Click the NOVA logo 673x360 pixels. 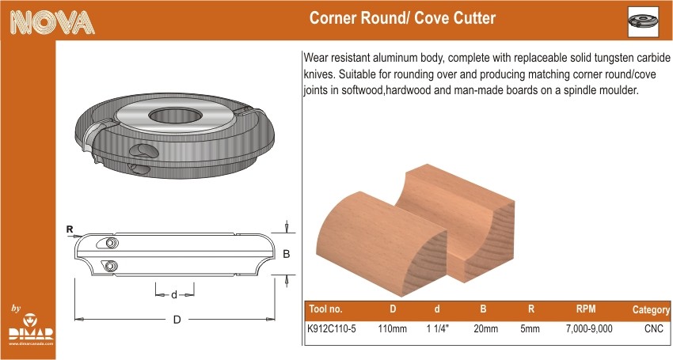(x=52, y=22)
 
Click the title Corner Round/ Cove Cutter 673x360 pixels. (x=402, y=18)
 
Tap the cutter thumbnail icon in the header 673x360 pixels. (x=643, y=21)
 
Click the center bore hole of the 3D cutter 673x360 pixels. (x=176, y=116)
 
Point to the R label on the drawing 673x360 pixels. (x=70, y=229)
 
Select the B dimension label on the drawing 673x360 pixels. (x=287, y=254)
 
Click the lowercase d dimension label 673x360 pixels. (x=174, y=295)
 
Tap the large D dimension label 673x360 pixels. (x=177, y=320)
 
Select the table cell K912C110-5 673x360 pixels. (x=332, y=328)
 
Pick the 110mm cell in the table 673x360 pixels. (x=392, y=328)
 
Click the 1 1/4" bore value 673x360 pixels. (x=438, y=328)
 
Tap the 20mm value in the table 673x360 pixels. (x=486, y=328)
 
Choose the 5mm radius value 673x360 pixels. (x=530, y=328)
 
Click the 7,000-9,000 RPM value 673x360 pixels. (x=589, y=329)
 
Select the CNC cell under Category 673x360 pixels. (x=654, y=328)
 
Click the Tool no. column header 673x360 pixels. (x=325, y=309)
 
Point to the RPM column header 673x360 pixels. (x=586, y=309)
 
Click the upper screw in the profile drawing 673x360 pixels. (x=110, y=243)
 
